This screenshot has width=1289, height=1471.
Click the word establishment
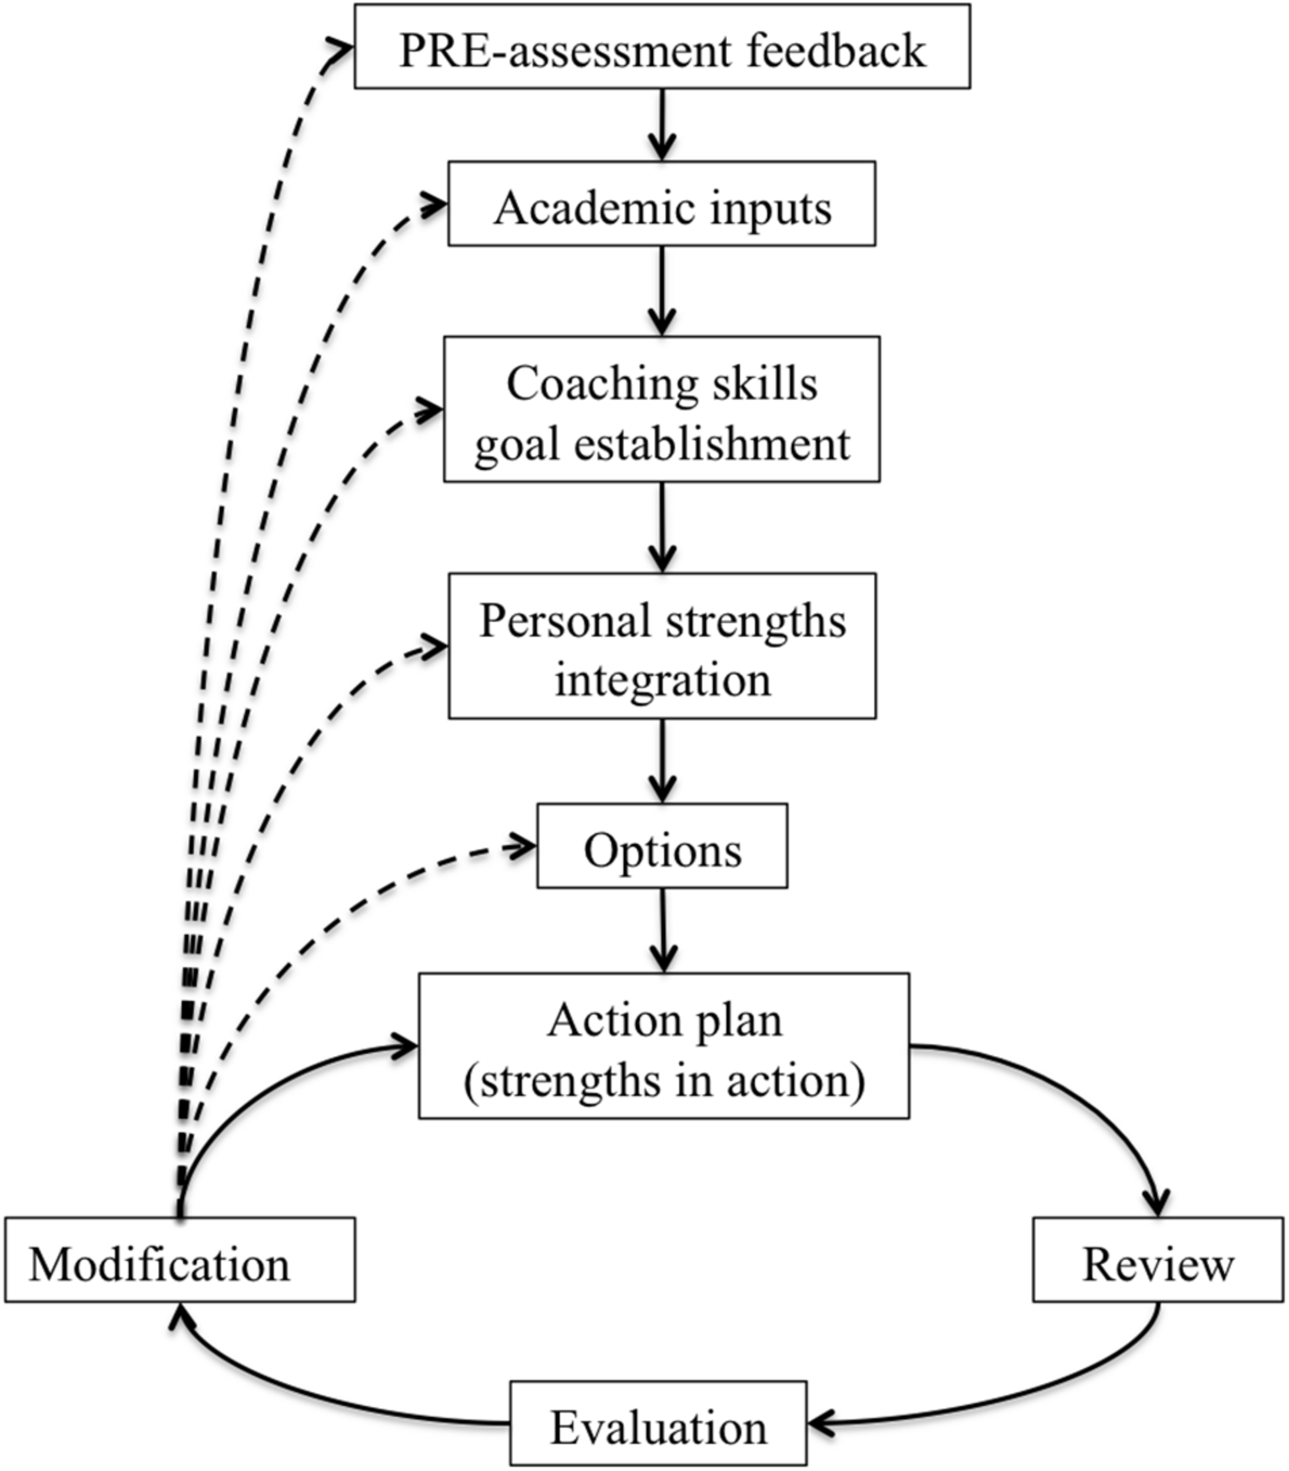(x=712, y=444)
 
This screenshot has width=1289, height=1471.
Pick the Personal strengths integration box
(x=662, y=645)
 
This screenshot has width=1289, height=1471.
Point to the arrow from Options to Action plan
(x=663, y=930)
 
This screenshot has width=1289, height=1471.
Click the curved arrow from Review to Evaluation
(x=1043, y=1391)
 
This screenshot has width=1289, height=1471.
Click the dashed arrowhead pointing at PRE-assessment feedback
(x=341, y=48)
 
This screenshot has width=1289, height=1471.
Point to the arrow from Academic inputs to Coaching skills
(x=662, y=291)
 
